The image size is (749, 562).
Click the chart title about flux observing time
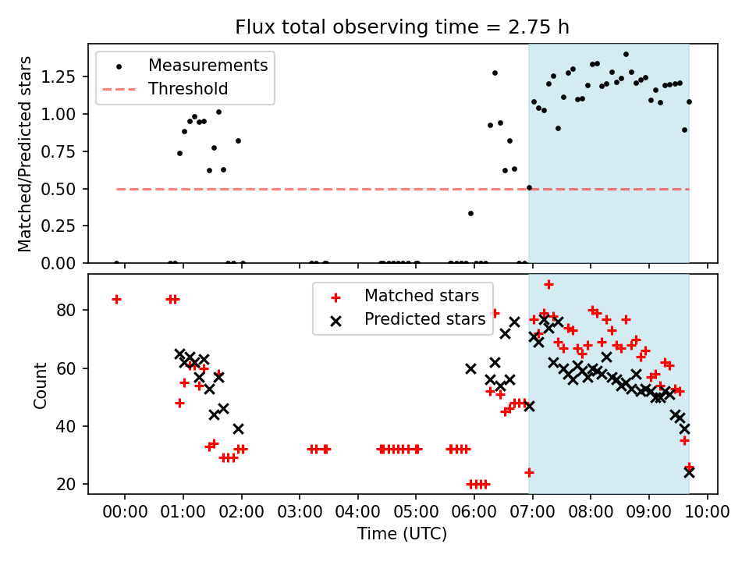403,27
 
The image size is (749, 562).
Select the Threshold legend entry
165,89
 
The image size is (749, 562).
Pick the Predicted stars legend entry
408,319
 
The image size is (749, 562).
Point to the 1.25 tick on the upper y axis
58,76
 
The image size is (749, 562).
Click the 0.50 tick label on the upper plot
58,189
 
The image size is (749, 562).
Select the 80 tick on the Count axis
66,310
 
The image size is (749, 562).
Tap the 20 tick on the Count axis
66,485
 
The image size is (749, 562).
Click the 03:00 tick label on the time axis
300,512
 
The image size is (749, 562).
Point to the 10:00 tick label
708,512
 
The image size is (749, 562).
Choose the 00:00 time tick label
125,512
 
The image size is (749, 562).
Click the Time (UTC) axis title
403,534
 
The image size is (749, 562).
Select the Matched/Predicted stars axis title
24,154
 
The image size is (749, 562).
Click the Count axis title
40,386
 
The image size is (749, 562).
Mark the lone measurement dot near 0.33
470,214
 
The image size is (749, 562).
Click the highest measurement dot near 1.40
626,55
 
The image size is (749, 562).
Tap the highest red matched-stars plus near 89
548,285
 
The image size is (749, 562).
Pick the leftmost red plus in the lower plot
116,300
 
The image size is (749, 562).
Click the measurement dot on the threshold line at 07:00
529,188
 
